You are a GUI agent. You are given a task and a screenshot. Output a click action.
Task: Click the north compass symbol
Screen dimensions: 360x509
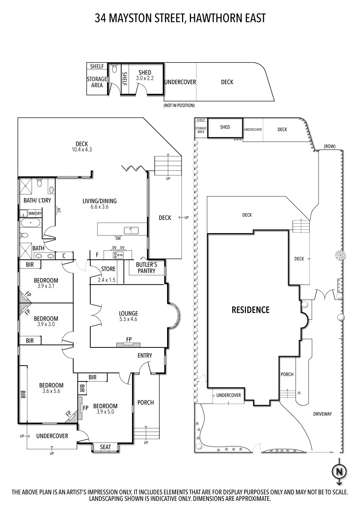pyautogui.click(x=339, y=472)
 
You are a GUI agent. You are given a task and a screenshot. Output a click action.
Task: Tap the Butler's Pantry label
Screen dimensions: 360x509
pyautogui.click(x=146, y=268)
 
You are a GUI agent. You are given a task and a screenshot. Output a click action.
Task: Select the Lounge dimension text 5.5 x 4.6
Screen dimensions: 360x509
pyautogui.click(x=128, y=319)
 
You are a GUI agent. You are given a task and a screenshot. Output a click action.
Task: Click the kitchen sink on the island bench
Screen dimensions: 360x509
pyautogui.click(x=131, y=230)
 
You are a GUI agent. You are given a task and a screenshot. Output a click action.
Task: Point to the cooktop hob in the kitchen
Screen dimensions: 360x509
pyautogui.click(x=118, y=255)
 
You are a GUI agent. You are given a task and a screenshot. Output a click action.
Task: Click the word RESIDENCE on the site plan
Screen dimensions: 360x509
pyautogui.click(x=250, y=310)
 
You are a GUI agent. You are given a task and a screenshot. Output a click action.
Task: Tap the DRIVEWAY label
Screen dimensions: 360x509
pyautogui.click(x=322, y=414)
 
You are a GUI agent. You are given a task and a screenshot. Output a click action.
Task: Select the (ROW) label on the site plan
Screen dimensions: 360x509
pyautogui.click(x=329, y=146)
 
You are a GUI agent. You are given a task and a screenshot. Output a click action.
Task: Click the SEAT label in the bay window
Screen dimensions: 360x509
pyautogui.click(x=105, y=447)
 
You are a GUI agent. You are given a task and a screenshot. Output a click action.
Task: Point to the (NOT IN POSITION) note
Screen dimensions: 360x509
pyautogui.click(x=179, y=106)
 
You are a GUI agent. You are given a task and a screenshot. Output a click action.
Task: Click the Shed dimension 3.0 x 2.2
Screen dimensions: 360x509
pyautogui.click(x=145, y=78)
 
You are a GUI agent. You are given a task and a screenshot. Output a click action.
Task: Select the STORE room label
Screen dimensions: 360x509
pyautogui.click(x=108, y=269)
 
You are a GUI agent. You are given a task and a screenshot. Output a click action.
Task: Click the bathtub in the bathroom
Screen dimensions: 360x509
pyautogui.click(x=30, y=223)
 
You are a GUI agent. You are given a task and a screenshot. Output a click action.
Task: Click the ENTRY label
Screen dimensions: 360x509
pyautogui.click(x=145, y=355)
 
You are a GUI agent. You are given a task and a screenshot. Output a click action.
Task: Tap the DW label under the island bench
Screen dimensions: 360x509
pyautogui.click(x=118, y=238)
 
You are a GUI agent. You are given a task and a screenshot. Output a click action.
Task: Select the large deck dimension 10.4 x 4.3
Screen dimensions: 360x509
pyautogui.click(x=82, y=150)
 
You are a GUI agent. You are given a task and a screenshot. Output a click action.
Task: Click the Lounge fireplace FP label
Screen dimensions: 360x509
pyautogui.click(x=129, y=339)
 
